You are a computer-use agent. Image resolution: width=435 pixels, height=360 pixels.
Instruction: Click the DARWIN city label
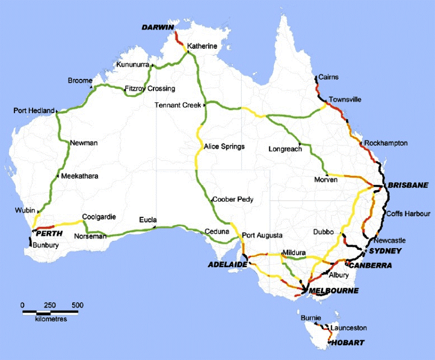coord(157,28)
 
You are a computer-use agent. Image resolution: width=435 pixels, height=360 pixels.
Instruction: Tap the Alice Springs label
coord(224,146)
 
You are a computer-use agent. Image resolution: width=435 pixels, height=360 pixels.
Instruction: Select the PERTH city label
coord(49,233)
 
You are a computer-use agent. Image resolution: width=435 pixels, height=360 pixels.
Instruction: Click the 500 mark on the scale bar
coord(77,305)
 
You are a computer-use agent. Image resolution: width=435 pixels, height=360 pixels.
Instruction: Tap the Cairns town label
coord(330,77)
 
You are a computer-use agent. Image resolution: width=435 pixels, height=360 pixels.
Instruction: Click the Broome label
coord(79,80)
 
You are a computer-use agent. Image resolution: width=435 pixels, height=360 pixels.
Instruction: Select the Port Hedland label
coord(34,111)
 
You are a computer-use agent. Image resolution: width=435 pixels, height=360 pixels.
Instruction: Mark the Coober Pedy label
coord(233,199)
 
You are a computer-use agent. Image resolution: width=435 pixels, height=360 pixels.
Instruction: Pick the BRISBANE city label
coord(409,185)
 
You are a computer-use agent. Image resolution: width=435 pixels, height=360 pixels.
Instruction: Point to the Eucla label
coord(148,220)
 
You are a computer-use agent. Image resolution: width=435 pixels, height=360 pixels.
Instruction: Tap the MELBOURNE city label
coord(333,291)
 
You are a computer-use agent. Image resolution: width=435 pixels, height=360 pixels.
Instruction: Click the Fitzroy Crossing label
coord(149,88)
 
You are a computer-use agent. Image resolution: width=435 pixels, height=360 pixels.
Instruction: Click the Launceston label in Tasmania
coord(350,327)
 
